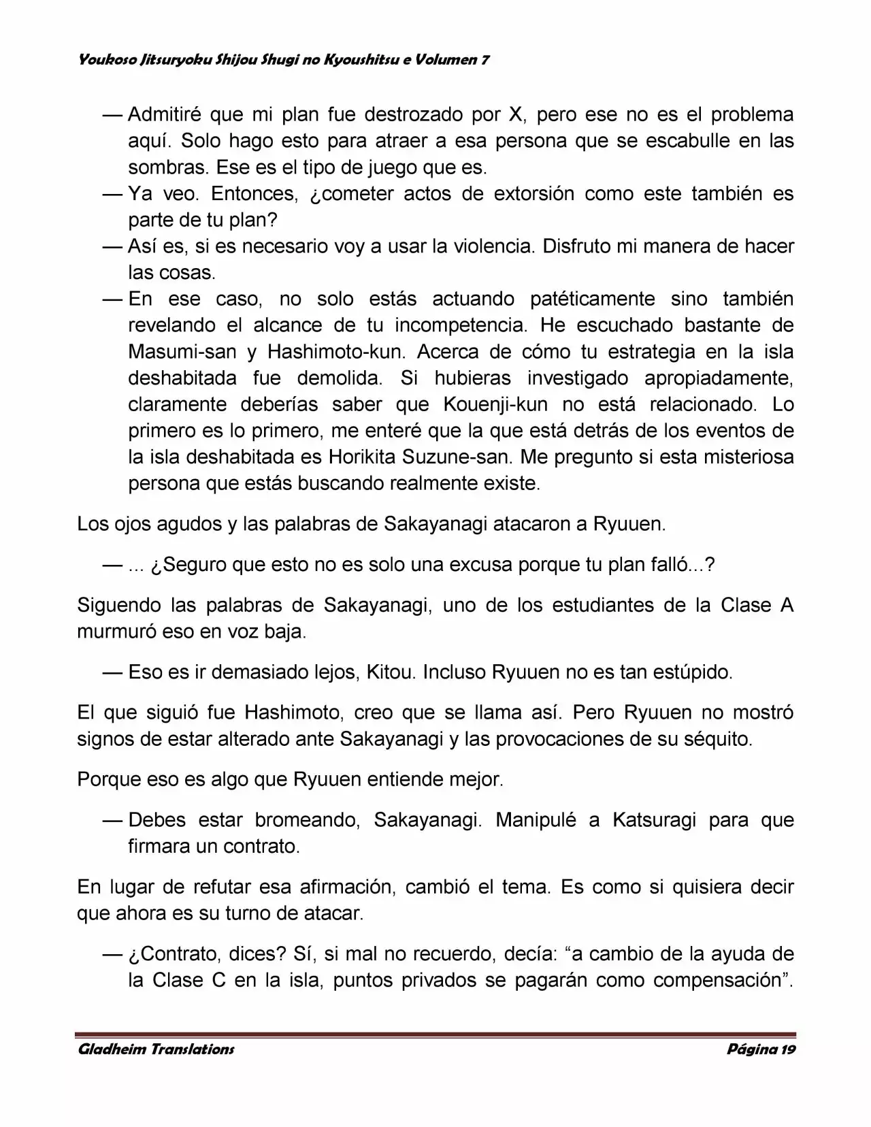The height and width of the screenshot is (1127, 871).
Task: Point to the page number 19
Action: pos(788,1049)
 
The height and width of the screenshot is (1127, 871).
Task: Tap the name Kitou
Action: pos(389,672)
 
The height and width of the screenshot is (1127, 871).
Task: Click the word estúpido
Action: pos(692,672)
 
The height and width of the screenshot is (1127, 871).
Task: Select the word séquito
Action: pos(717,739)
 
